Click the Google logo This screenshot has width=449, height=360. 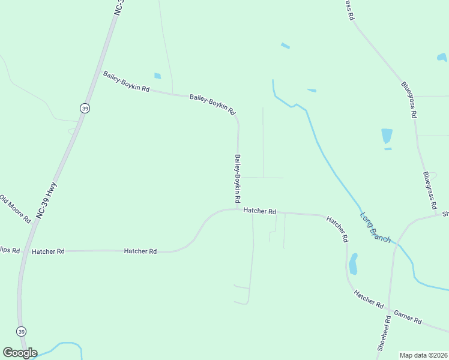(x=20, y=353)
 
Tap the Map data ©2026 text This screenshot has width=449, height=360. (x=423, y=355)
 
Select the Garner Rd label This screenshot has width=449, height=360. (x=408, y=317)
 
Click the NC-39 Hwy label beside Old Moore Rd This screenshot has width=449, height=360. (x=46, y=199)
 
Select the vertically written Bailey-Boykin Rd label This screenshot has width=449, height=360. (x=238, y=178)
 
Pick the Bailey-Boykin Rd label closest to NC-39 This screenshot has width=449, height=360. (x=126, y=81)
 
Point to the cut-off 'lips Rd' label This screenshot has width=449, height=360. (x=10, y=250)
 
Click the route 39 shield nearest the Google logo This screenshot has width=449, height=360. (x=22, y=331)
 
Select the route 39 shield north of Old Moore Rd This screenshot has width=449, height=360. (x=85, y=108)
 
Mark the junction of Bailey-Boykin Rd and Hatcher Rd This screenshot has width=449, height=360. (x=238, y=209)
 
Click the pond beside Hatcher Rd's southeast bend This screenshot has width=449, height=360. (x=353, y=263)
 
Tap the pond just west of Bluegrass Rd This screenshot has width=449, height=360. (x=387, y=136)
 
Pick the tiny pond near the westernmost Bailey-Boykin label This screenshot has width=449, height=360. (x=158, y=76)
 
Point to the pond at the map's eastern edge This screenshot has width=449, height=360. (x=442, y=58)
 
